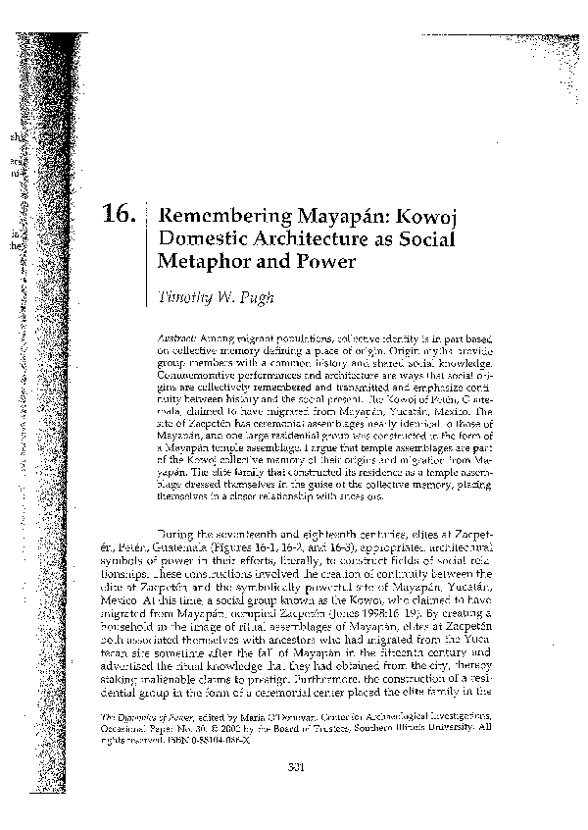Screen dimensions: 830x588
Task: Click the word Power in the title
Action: [x=322, y=262]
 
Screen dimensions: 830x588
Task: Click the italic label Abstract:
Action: [x=177, y=337]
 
